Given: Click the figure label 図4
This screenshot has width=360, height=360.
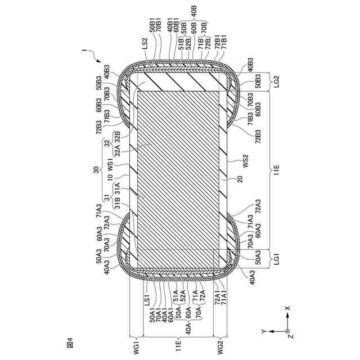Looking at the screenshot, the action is [x=69, y=341].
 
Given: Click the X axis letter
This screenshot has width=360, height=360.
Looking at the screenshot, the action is [x=287, y=308].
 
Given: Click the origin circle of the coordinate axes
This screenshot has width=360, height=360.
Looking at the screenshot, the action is [x=287, y=332].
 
